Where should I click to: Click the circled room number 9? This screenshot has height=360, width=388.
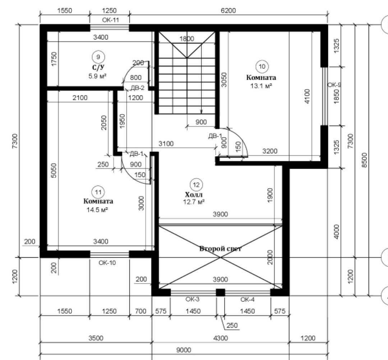pyautogui.click(x=98, y=57)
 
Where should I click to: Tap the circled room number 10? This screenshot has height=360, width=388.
pyautogui.click(x=262, y=66)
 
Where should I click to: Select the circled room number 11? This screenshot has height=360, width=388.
pyautogui.click(x=98, y=192)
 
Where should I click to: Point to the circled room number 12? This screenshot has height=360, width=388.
pyautogui.click(x=196, y=185)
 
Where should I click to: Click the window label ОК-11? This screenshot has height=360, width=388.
pyautogui.click(x=110, y=20)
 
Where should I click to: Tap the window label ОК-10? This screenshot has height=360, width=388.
pyautogui.click(x=107, y=263)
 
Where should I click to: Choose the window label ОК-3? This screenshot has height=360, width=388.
pyautogui.click(x=192, y=299)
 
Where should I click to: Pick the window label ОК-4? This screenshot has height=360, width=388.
pyautogui.click(x=247, y=300)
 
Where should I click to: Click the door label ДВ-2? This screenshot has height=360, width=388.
pyautogui.click(x=137, y=88)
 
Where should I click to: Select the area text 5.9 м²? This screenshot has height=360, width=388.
pyautogui.click(x=97, y=76)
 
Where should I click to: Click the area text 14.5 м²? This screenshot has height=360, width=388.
pyautogui.click(x=97, y=210)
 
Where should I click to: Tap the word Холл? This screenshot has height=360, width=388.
pyautogui.click(x=194, y=194)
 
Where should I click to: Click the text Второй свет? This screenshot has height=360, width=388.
pyautogui.click(x=220, y=248)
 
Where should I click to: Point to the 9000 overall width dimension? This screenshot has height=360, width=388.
pyautogui.click(x=184, y=350)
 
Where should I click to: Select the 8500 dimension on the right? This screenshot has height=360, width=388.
pyautogui.click(x=365, y=160)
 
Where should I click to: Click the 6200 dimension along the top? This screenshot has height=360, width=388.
pyautogui.click(x=228, y=11)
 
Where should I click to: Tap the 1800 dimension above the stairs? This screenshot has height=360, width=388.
pyautogui.click(x=186, y=38)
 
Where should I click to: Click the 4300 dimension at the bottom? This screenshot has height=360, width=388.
pyautogui.click(x=221, y=338)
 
